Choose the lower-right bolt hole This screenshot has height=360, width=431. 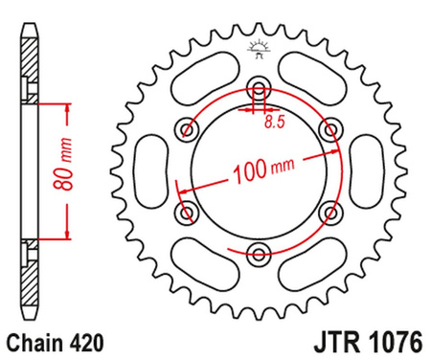[x=330, y=212]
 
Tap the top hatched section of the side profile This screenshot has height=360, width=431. [x=31, y=67]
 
